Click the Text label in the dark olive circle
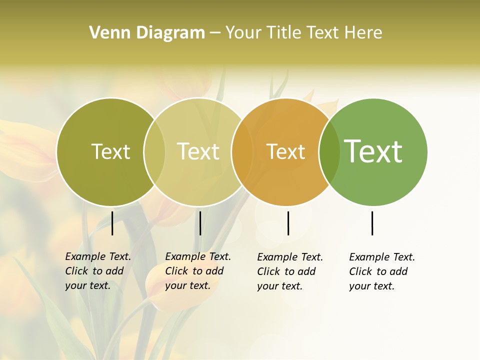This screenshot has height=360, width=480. (110, 151)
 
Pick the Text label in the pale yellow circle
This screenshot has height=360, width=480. (198, 151)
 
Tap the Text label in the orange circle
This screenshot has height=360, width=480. (285, 151)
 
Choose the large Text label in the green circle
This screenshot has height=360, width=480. (373, 151)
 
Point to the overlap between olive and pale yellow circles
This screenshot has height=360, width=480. (154, 152)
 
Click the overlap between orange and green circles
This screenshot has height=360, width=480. (329, 152)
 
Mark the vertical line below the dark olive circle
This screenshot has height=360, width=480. (112, 223)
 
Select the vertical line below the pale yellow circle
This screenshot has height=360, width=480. (200, 223)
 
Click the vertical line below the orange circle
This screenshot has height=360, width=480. (288, 223)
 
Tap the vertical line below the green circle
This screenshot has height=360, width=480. (372, 223)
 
